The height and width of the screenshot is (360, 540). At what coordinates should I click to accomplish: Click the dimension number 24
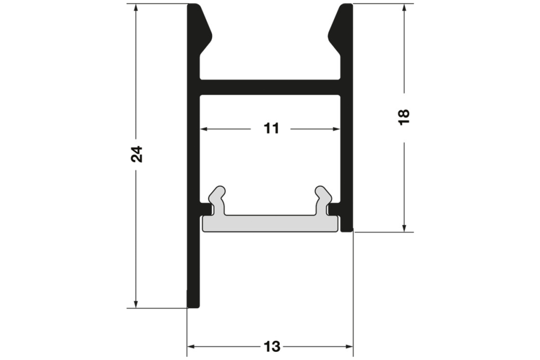pyautogui.click(x=137, y=154)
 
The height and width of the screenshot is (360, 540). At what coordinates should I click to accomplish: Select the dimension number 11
pyautogui.click(x=271, y=128)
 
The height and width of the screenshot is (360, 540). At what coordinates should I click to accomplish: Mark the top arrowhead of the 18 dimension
pyautogui.click(x=404, y=8)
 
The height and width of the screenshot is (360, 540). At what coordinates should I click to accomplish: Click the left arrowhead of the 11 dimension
pyautogui.click(x=205, y=129)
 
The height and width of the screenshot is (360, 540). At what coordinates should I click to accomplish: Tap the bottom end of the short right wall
pyautogui.click(x=347, y=228)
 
